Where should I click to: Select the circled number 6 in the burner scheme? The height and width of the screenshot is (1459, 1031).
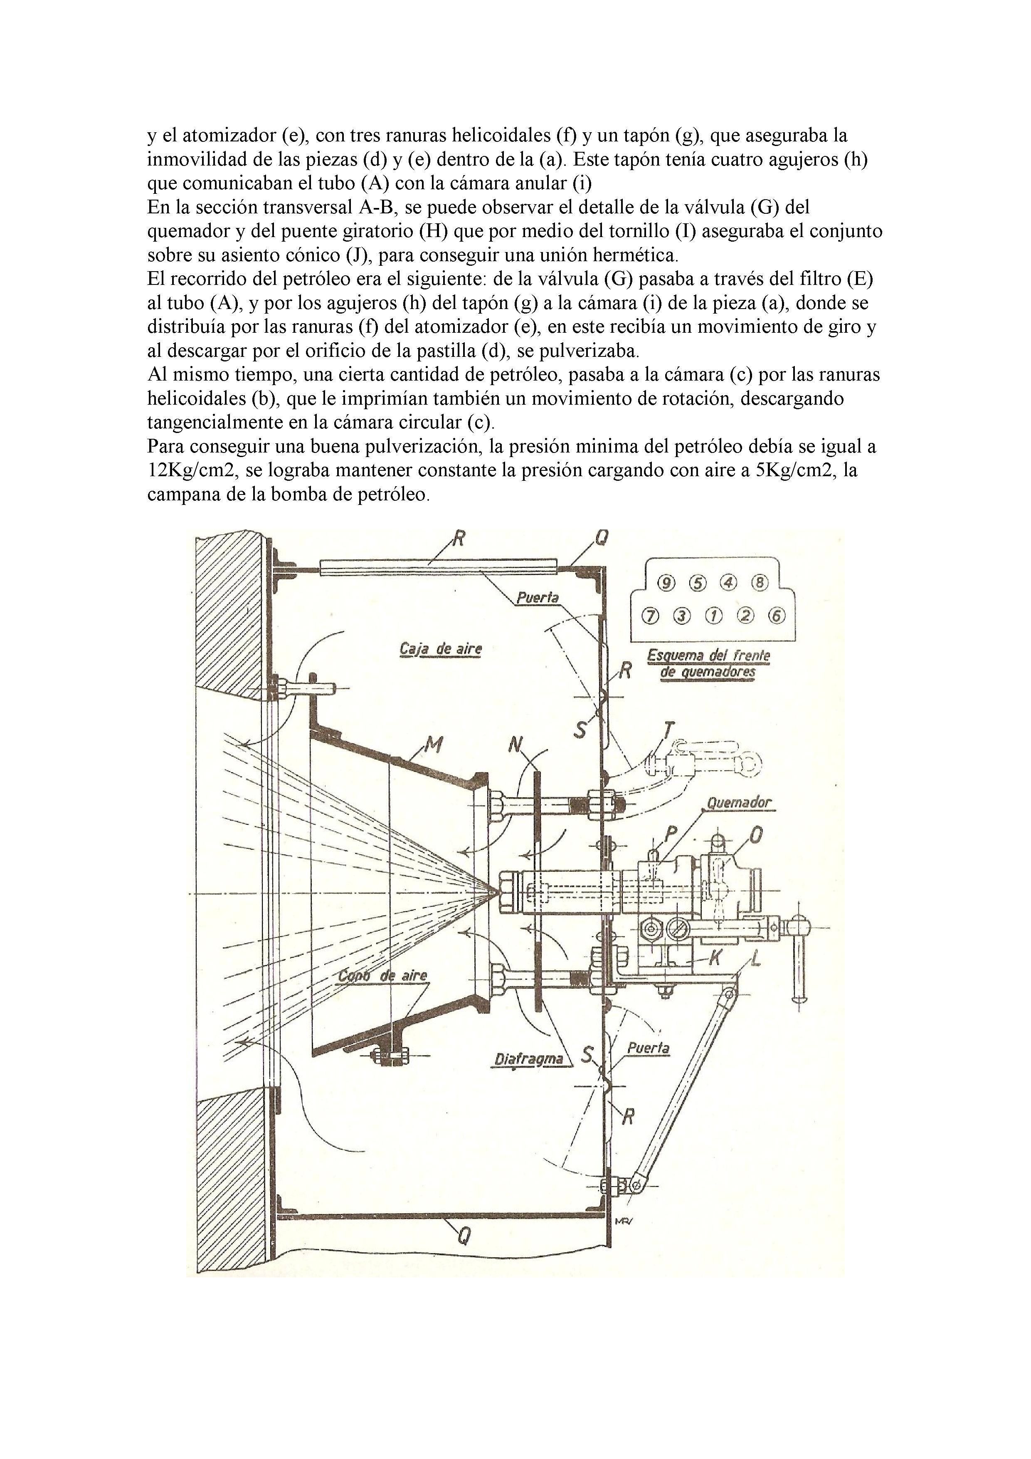pos(776,615)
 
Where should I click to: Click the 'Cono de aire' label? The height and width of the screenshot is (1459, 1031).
pos(382,975)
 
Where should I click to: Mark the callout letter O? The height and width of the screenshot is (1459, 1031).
pos(756,835)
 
